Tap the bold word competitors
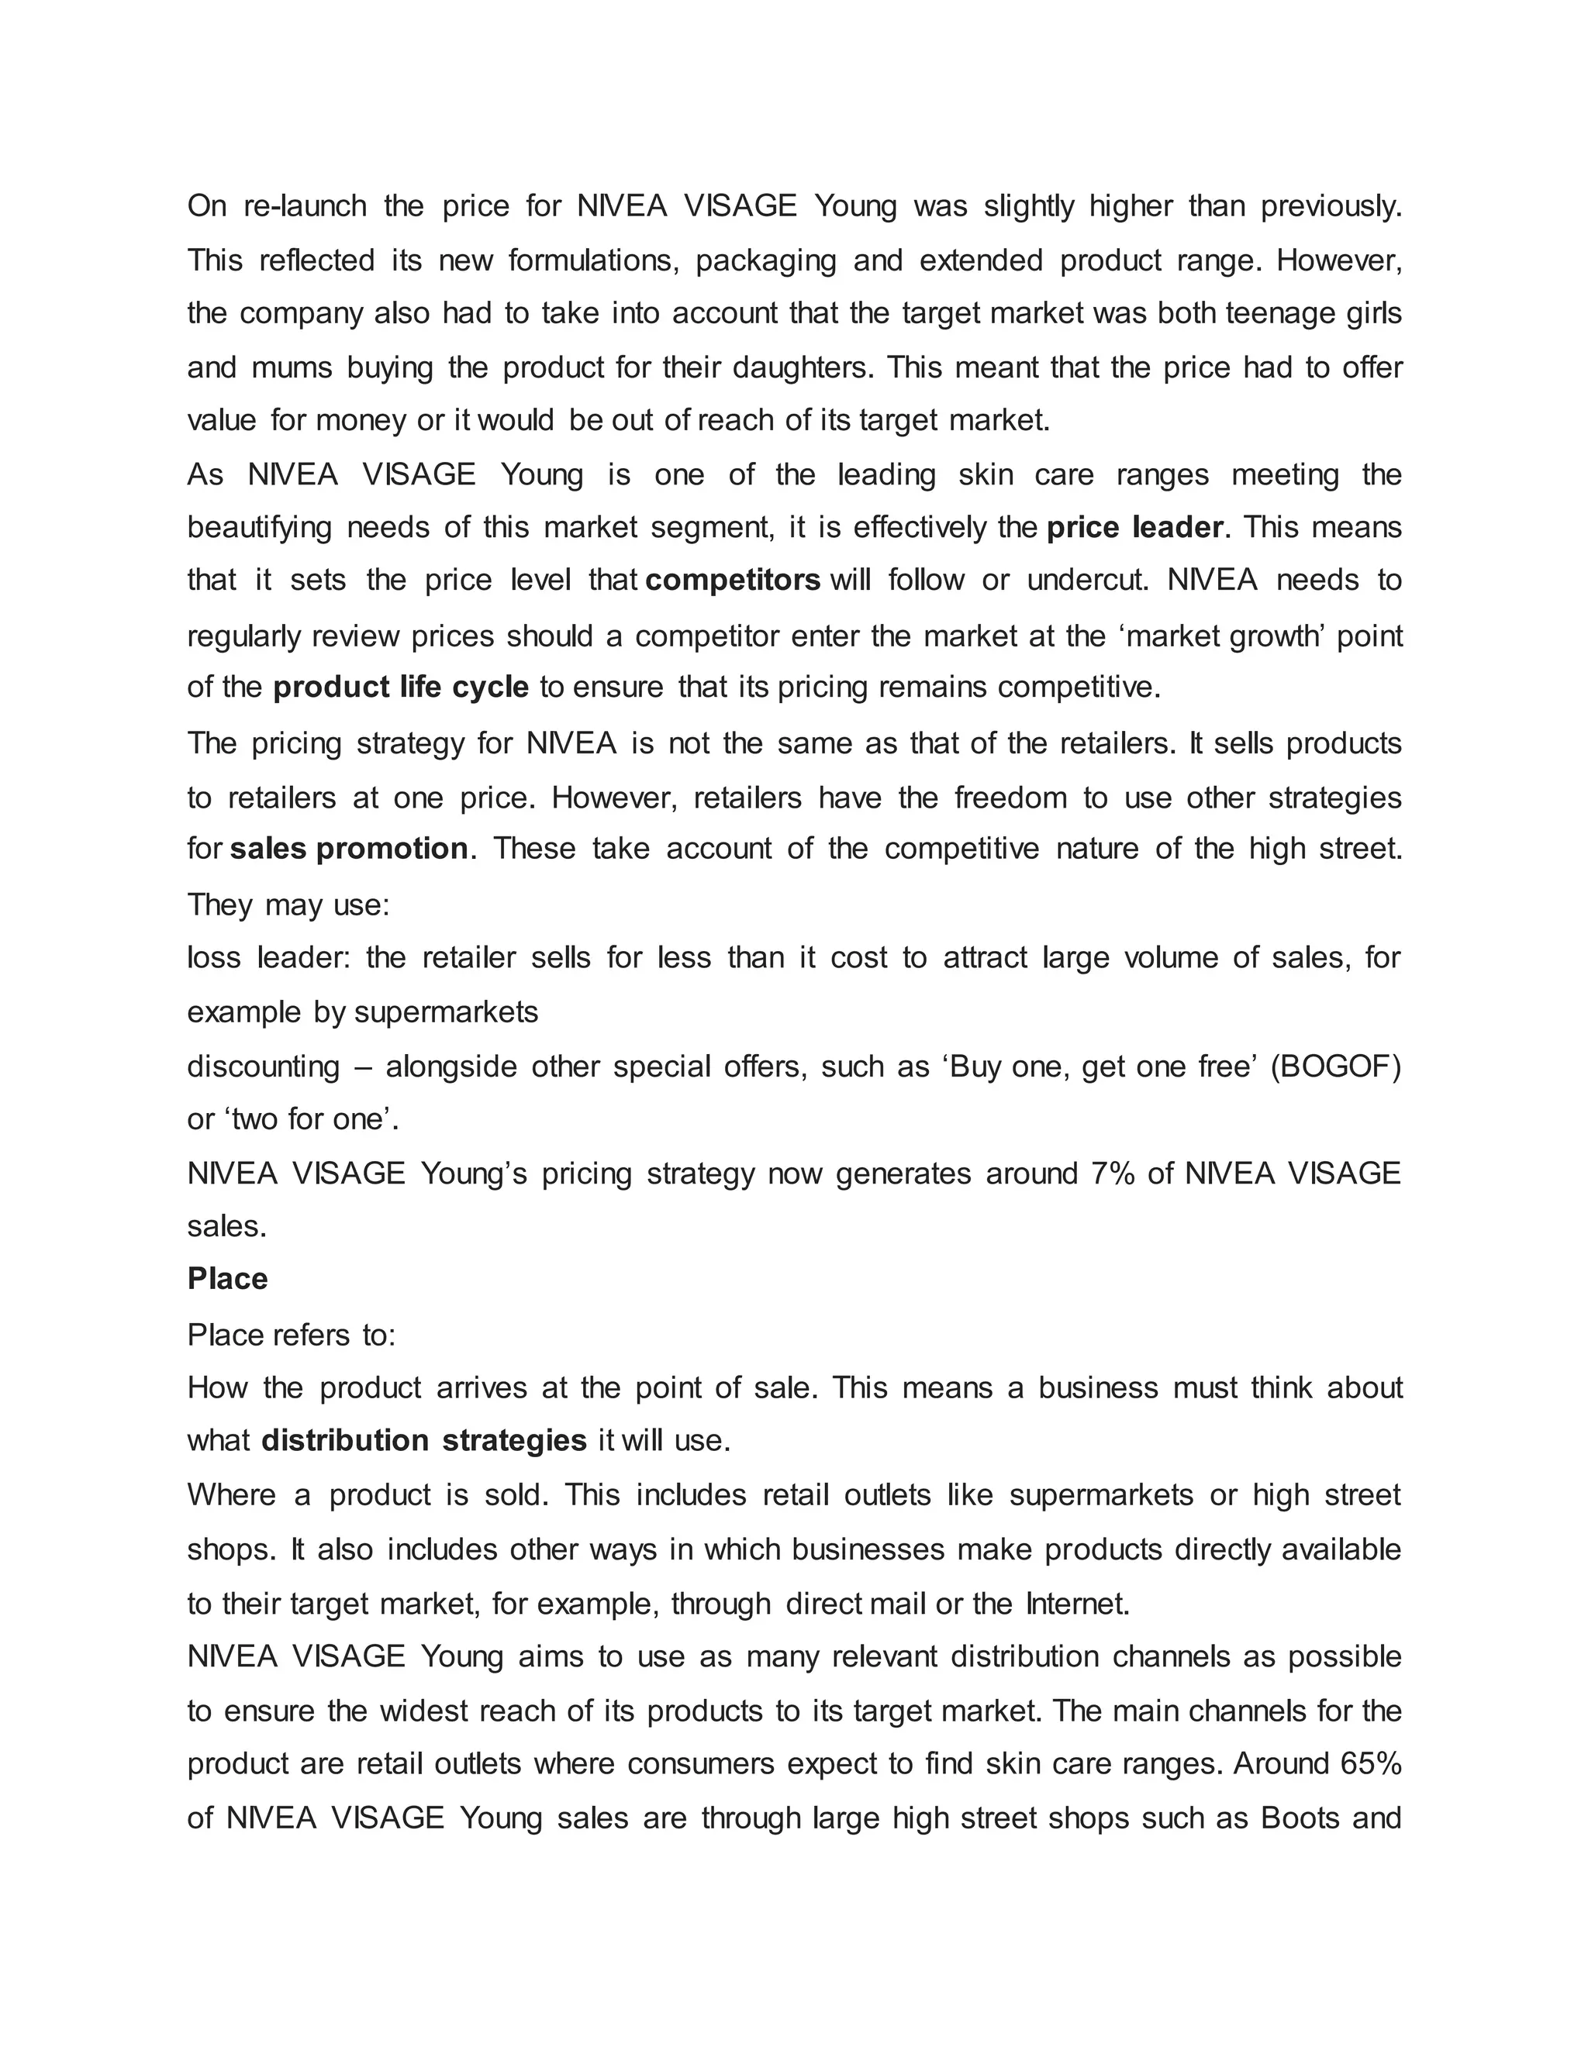tap(733, 581)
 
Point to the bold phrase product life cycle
tap(401, 688)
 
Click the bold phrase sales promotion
tap(349, 850)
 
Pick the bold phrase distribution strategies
tap(424, 1441)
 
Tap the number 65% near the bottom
tap(1370, 1763)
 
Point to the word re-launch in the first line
tap(305, 206)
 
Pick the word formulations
tap(592, 260)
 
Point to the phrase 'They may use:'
tap(288, 905)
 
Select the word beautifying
tap(260, 528)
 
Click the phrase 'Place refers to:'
tap(292, 1335)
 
